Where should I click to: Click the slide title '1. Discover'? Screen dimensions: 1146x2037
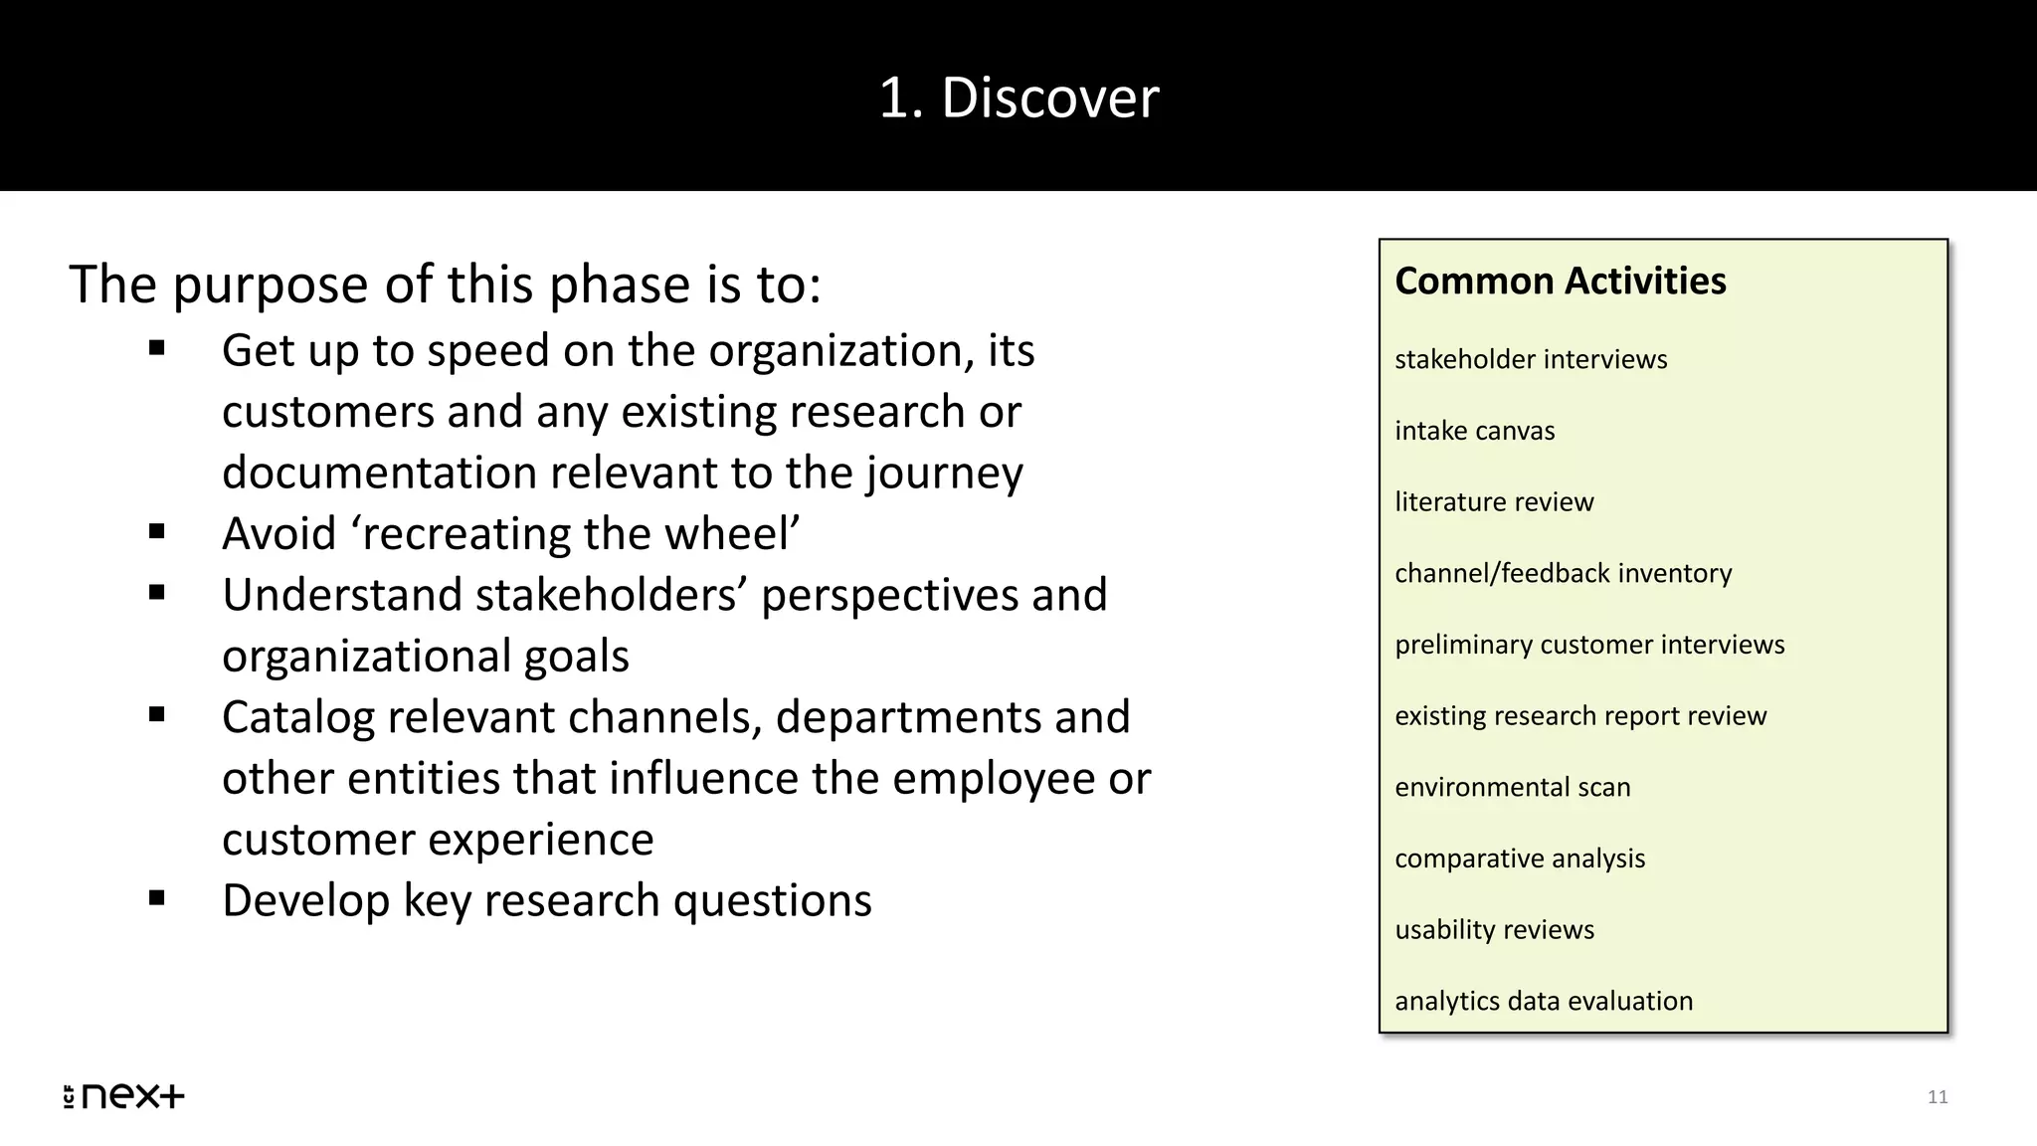1018,97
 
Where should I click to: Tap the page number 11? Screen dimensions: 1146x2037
1938,1096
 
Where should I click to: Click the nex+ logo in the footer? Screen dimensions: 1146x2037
124,1095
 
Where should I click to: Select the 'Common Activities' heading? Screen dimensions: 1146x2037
1560,281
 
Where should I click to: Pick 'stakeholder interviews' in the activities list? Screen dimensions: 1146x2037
1530,359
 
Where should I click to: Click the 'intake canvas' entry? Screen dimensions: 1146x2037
1474,431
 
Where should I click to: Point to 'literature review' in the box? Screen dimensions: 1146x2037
1493,501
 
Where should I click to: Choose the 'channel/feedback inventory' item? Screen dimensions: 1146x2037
1563,573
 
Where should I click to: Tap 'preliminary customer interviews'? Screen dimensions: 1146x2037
1588,645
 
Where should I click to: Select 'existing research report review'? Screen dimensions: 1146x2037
1579,716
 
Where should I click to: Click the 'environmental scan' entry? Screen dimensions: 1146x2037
1512,787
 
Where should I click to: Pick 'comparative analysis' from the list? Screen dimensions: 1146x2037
1519,859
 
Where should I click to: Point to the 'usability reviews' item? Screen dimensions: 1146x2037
1494,929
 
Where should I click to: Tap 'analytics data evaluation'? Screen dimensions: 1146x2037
1543,1001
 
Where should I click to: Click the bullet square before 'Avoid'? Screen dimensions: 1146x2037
157,531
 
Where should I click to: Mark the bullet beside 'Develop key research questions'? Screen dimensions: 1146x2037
157,898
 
